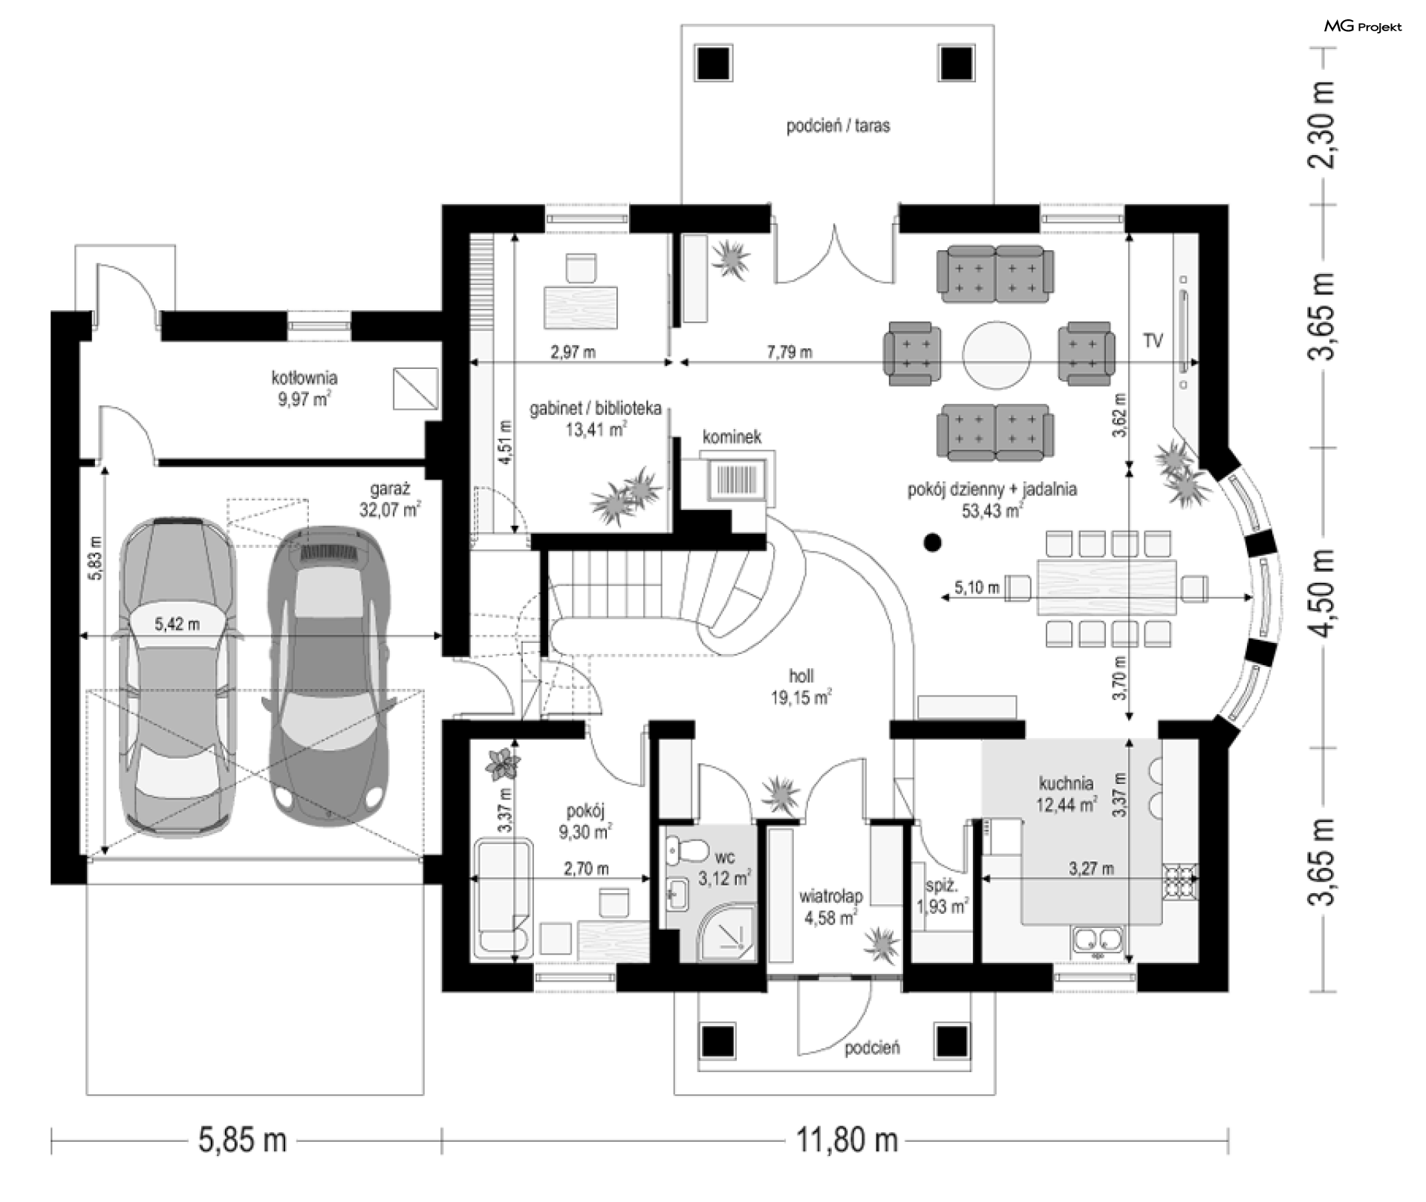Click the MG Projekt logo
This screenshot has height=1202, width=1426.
click(1363, 27)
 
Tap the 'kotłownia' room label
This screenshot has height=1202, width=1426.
click(305, 377)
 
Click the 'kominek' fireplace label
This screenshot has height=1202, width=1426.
click(732, 437)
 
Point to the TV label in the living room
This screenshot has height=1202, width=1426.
click(1153, 341)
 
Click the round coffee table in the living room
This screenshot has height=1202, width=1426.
click(996, 354)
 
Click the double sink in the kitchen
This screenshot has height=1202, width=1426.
click(1098, 939)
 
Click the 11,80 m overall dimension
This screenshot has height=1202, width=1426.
click(847, 1139)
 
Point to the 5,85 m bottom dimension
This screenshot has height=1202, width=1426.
click(242, 1139)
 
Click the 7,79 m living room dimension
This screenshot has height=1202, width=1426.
click(789, 352)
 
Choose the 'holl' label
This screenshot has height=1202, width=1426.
click(801, 676)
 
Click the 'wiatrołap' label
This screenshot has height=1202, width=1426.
click(830, 896)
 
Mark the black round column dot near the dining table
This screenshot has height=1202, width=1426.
click(933, 543)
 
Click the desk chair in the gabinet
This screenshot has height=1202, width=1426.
click(581, 268)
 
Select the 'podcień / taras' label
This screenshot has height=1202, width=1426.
click(838, 125)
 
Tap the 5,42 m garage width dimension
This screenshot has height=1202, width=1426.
click(177, 624)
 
